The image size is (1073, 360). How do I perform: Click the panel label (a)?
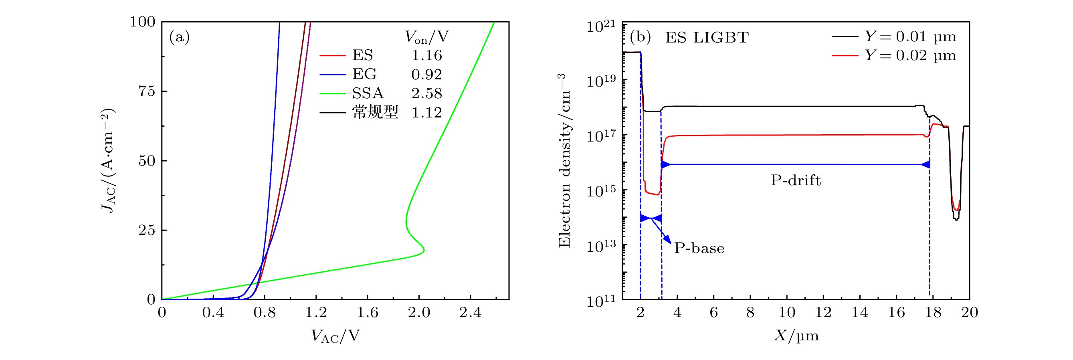coord(179,38)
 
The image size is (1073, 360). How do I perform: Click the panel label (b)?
coord(640,38)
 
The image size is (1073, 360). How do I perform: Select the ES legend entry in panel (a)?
coord(362,55)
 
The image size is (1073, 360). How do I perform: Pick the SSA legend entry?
coord(368,93)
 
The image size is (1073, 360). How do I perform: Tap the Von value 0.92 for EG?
coord(426,75)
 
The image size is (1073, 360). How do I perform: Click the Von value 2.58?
coord(426,93)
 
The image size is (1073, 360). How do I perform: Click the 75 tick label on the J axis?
coord(147,91)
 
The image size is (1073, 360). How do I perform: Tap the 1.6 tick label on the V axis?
coord(368,313)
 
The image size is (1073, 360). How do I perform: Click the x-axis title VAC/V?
coord(335,336)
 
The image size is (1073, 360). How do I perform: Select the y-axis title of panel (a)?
coord(108,160)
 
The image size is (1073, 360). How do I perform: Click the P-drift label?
coord(796,180)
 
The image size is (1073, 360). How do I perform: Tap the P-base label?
coord(699,248)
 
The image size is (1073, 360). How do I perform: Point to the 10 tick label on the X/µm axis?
coord(787,313)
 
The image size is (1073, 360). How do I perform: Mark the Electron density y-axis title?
coord(564,160)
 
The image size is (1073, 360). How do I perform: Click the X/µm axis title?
coord(796,336)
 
